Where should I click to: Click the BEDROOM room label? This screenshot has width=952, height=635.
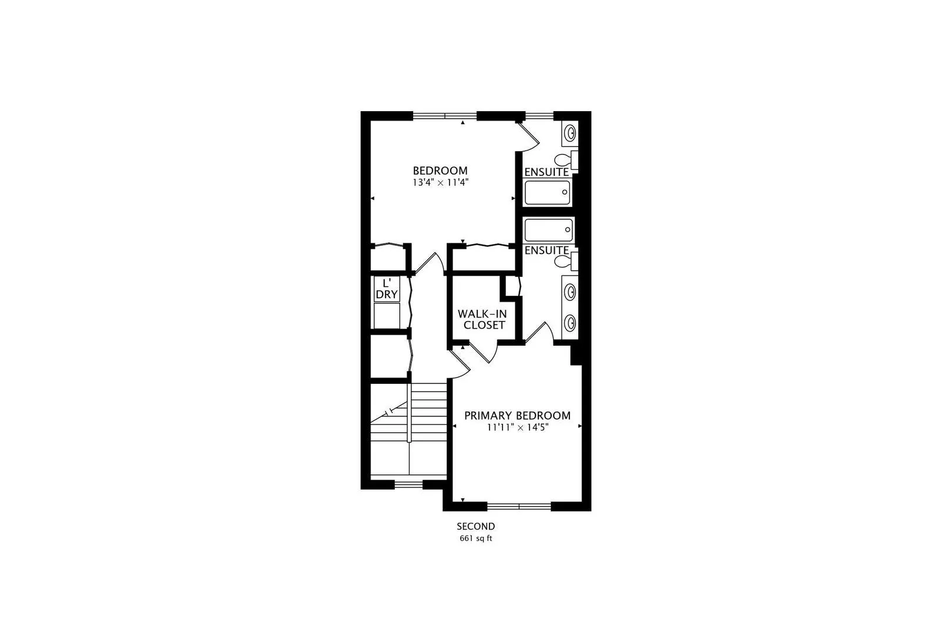click(440, 171)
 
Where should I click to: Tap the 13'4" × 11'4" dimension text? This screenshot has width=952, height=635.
click(440, 182)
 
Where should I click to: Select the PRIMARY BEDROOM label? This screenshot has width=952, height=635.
click(517, 416)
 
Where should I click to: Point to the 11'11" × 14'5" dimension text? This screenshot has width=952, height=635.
click(518, 427)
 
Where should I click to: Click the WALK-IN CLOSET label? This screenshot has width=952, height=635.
click(483, 319)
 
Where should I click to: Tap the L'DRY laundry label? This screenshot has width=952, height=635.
click(387, 289)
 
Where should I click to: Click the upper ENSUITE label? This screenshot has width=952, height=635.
click(547, 172)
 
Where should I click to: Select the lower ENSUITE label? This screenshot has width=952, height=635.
click(547, 250)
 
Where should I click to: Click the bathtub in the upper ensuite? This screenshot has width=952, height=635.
click(548, 192)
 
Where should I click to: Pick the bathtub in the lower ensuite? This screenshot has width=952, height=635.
click(548, 230)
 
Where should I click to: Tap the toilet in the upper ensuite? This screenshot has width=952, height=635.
click(566, 160)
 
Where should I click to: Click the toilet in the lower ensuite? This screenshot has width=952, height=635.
click(566, 261)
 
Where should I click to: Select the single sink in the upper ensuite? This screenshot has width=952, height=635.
click(570, 133)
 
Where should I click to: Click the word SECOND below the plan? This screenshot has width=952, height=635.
click(476, 527)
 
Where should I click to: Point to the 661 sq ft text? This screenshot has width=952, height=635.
click(476, 539)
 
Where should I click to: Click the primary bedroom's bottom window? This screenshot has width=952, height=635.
click(519, 506)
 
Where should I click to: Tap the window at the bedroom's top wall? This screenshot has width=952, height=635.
click(445, 115)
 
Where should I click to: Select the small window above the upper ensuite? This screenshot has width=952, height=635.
click(539, 115)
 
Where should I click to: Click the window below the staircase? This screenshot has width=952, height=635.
click(408, 484)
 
